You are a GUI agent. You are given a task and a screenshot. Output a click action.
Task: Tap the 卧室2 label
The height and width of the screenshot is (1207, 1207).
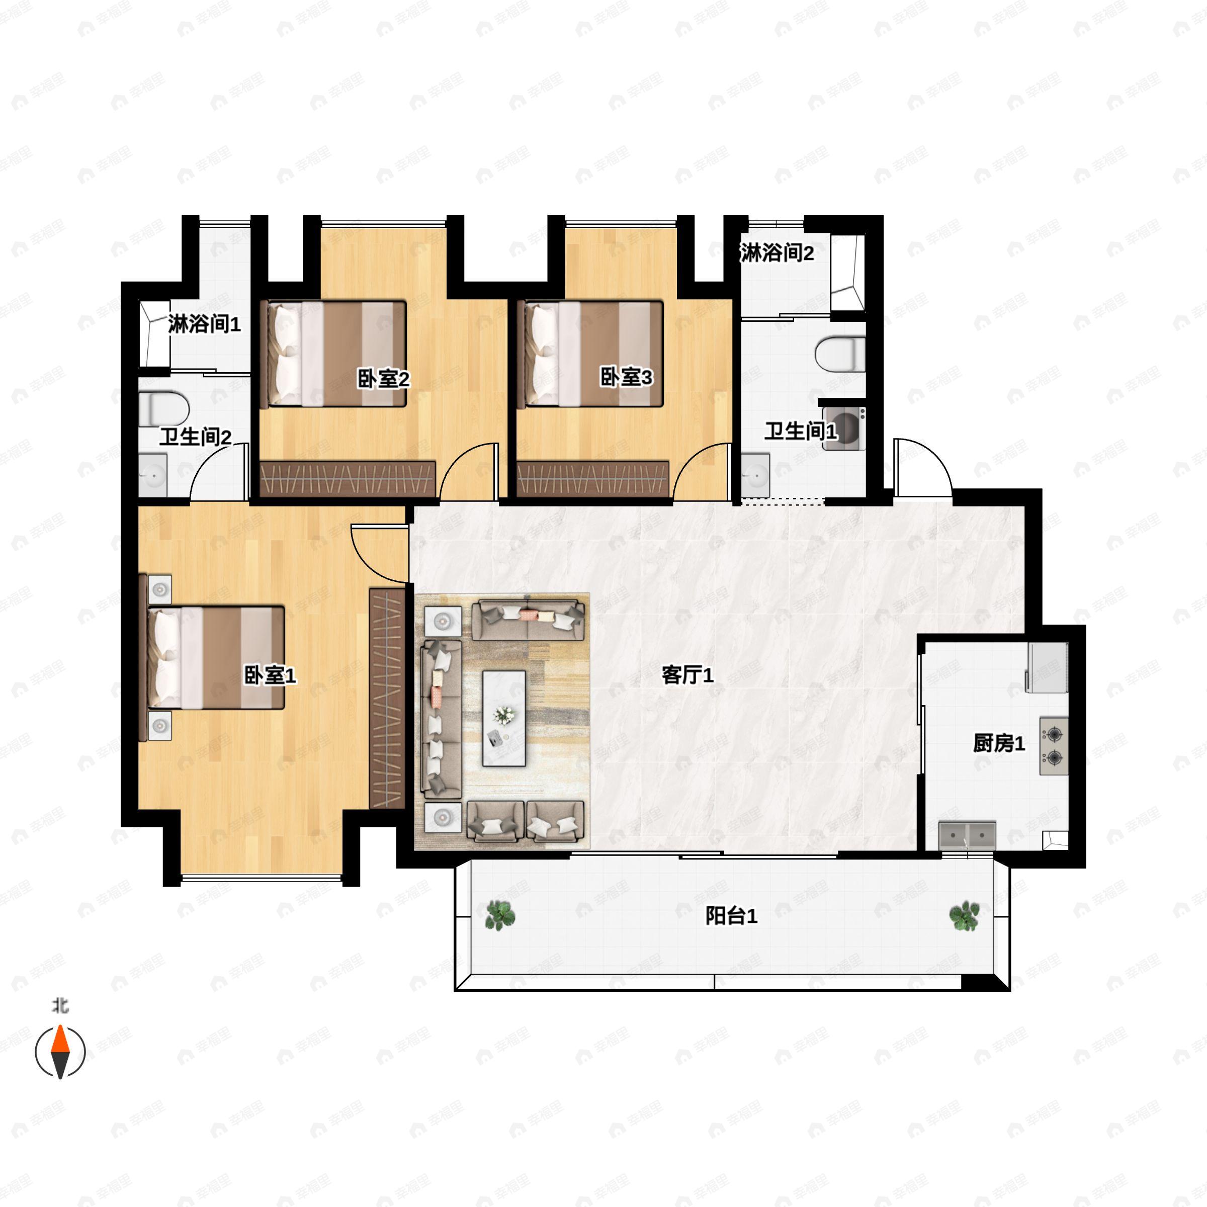click(383, 379)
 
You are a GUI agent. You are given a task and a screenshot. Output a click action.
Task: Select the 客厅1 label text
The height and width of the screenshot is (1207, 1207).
click(687, 675)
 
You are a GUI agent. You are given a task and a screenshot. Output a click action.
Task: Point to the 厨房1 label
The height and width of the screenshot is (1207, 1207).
click(999, 743)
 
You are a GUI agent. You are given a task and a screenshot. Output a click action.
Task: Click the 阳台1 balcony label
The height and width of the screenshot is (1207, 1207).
click(731, 916)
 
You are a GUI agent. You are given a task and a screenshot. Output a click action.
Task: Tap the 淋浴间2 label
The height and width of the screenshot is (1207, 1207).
click(777, 253)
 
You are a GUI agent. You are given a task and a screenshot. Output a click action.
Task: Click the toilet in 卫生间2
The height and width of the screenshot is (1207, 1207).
click(163, 408)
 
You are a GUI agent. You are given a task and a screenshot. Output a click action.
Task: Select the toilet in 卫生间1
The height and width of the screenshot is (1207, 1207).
click(841, 354)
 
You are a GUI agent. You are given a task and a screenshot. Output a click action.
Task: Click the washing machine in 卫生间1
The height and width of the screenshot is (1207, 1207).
click(844, 428)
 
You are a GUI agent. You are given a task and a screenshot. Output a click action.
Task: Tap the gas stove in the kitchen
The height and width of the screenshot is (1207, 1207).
click(1053, 746)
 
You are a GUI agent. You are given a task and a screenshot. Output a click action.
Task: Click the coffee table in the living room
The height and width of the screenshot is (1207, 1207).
click(503, 719)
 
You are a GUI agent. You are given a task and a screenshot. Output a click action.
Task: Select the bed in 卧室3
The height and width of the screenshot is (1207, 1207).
click(593, 354)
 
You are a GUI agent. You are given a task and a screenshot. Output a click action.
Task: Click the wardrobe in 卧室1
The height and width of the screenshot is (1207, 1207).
click(387, 698)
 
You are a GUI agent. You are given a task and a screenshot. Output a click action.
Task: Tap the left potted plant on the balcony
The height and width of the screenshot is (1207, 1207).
click(500, 916)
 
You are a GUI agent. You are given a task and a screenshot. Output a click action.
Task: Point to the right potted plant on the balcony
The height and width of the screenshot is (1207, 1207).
click(964, 916)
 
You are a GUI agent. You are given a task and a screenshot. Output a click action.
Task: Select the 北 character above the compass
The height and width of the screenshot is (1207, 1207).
click(60, 1006)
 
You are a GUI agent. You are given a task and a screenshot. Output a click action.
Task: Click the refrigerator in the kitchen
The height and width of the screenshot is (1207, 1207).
click(1048, 667)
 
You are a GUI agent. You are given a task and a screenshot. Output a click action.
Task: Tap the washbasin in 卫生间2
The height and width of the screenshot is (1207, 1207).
click(152, 475)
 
